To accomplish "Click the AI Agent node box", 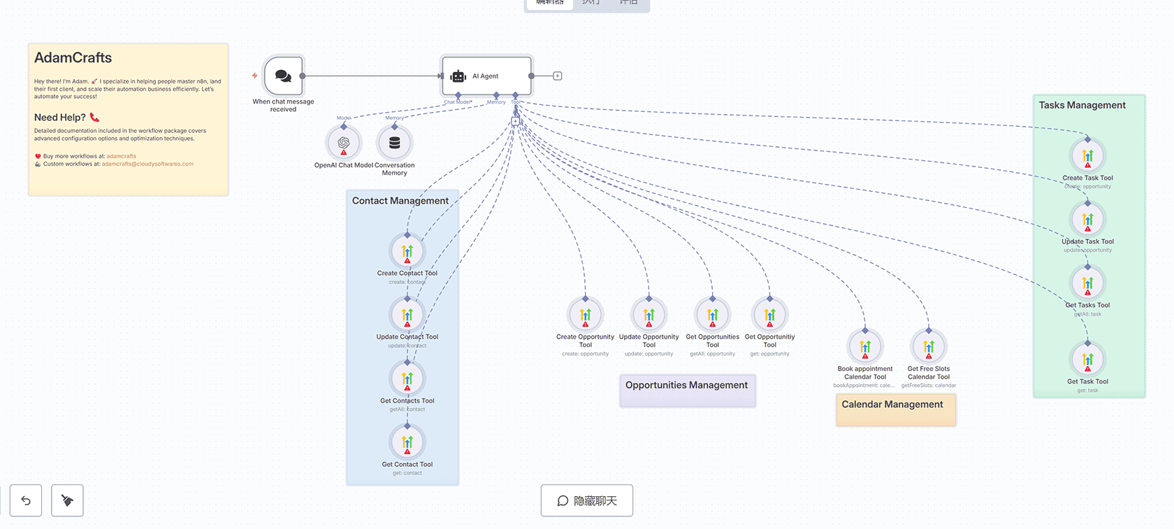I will (486, 76).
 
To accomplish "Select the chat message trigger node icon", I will (284, 76).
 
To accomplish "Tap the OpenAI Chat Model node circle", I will (344, 143).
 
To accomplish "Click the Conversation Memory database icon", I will (395, 143).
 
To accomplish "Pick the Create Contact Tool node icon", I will (407, 251).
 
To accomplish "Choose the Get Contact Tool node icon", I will (407, 442).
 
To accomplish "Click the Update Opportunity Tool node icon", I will (649, 315).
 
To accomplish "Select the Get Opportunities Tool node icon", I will (713, 315).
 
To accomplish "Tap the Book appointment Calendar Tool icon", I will (865, 347).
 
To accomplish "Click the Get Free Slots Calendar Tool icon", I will (929, 347).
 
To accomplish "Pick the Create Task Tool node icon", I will (1088, 156).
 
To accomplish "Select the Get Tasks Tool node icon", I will (1088, 283).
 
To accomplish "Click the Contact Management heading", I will (400, 201).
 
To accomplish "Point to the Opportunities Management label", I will (686, 386).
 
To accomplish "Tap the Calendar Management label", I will (892, 404).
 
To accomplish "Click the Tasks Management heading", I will (1082, 106).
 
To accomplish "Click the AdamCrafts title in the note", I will (73, 58).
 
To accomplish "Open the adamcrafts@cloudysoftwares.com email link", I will (147, 164).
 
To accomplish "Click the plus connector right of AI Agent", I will (558, 76).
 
